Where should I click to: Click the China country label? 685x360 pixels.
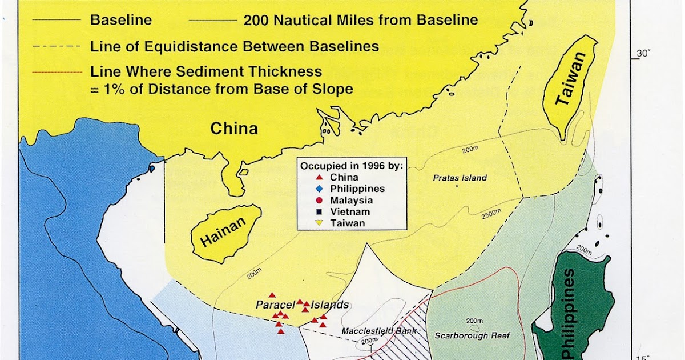pyautogui.click(x=234, y=129)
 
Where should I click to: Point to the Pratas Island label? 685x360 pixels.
pyautogui.click(x=460, y=178)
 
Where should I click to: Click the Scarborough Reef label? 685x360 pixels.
pyautogui.click(x=473, y=335)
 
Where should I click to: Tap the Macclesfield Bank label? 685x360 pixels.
pyautogui.click(x=380, y=331)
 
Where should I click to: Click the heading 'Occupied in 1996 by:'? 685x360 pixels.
pyautogui.click(x=352, y=166)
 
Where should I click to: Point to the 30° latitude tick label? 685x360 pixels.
pyautogui.click(x=643, y=54)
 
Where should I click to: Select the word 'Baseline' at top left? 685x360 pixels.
pyautogui.click(x=121, y=20)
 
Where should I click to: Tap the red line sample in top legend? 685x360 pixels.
pyautogui.click(x=57, y=73)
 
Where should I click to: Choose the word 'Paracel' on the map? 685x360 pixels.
pyautogui.click(x=275, y=305)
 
